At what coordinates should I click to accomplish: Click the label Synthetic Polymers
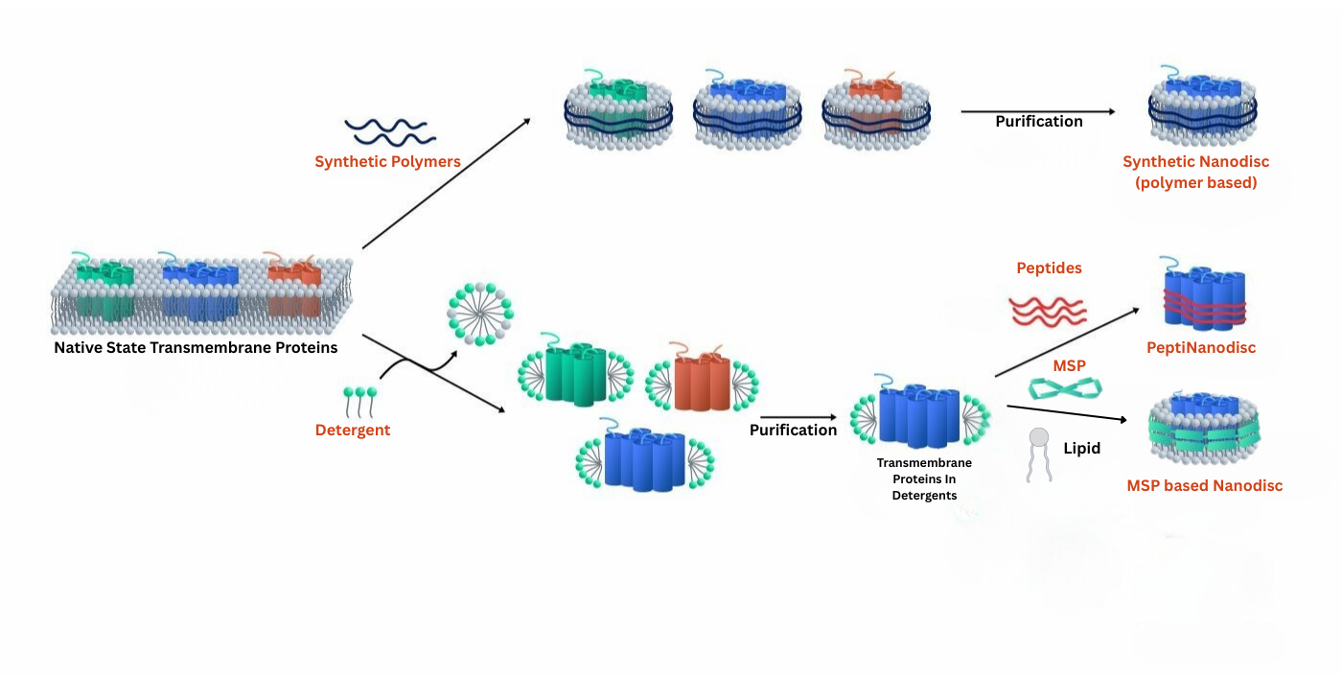(387, 162)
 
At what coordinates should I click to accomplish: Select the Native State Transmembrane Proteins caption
(196, 347)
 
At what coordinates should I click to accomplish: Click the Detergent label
(353, 431)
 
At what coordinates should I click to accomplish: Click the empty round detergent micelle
(480, 313)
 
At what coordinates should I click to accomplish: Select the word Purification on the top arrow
(1038, 122)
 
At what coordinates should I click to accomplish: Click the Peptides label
(1049, 268)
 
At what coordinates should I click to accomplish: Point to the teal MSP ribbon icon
(1065, 388)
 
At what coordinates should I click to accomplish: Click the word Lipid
(1081, 448)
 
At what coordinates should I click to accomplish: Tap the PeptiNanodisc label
(1201, 347)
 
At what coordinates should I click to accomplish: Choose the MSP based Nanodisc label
(1204, 485)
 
